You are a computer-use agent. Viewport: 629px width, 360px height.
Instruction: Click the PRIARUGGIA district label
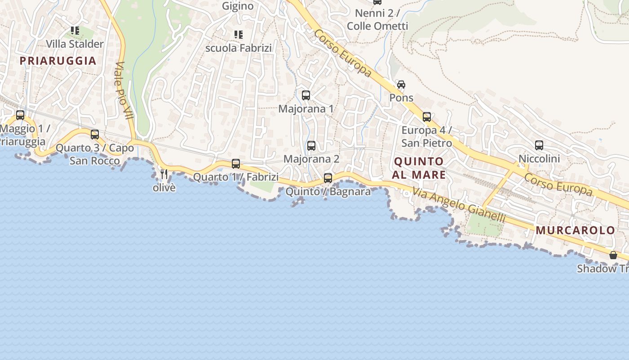pos(58,61)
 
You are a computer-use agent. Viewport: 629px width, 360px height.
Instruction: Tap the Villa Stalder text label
pos(75,44)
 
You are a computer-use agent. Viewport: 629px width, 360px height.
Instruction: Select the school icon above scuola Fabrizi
pos(238,34)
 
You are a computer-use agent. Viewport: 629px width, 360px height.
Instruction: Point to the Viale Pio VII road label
pos(125,90)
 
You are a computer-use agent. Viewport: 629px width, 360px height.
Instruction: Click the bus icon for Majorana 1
pos(306,95)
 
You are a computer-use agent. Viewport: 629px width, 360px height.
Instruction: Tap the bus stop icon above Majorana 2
pos(311,146)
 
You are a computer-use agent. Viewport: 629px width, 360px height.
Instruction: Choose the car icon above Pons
pos(401,85)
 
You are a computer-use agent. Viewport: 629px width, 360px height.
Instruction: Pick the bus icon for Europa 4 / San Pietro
pos(427,117)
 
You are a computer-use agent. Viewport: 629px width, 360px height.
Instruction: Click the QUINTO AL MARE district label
pos(419,168)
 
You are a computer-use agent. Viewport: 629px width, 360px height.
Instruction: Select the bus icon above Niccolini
pos(539,145)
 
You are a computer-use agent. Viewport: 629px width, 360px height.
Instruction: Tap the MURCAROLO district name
pos(575,230)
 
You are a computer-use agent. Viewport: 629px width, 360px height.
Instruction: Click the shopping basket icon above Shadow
pos(613,256)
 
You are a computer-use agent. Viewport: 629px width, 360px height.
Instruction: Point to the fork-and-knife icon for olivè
pos(164,174)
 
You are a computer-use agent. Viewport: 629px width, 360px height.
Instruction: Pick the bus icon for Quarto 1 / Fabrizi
pos(236,164)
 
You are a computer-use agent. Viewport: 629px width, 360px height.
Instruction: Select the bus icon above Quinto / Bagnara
pos(328,178)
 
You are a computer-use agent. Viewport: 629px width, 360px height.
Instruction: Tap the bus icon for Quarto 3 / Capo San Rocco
pos(95,135)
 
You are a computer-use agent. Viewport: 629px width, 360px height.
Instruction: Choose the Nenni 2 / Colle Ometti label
pos(377,20)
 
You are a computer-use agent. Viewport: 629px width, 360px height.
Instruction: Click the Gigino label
pos(238,6)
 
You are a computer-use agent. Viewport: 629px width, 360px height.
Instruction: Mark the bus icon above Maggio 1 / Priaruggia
pos(20,115)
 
